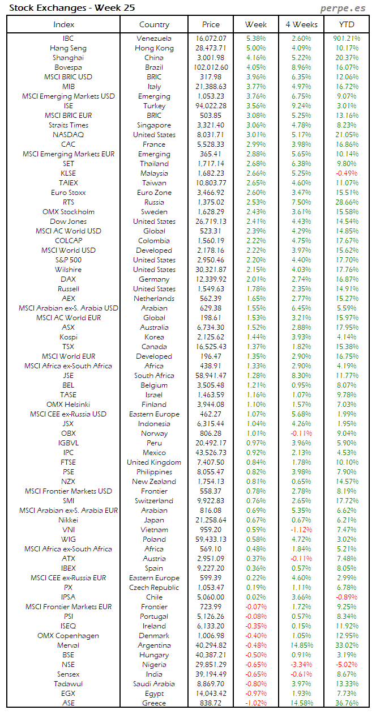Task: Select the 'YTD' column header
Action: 347,24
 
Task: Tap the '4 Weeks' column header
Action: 301,24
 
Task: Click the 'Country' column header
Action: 154,24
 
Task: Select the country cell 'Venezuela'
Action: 154,39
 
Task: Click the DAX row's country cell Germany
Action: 154,279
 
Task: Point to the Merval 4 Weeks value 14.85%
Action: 301,645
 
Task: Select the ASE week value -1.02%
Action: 256,703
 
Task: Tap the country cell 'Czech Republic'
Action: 154,588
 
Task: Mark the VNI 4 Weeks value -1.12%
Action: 301,530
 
